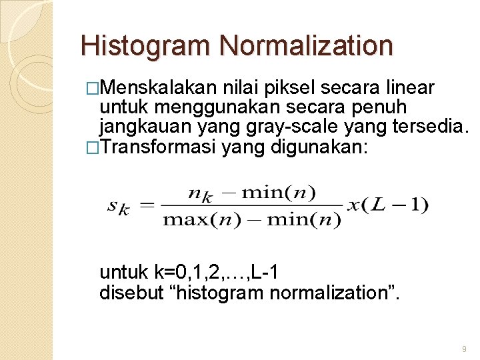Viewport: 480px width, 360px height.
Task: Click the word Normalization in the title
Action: pos(306,46)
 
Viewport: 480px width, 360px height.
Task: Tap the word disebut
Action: pos(129,291)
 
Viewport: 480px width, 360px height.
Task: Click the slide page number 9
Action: pos(464,349)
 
